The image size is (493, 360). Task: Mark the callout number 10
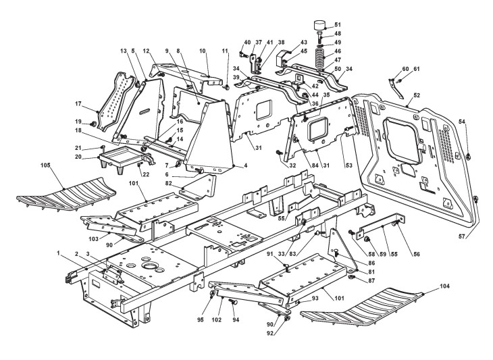(203, 51)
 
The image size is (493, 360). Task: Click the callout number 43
(304, 43)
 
